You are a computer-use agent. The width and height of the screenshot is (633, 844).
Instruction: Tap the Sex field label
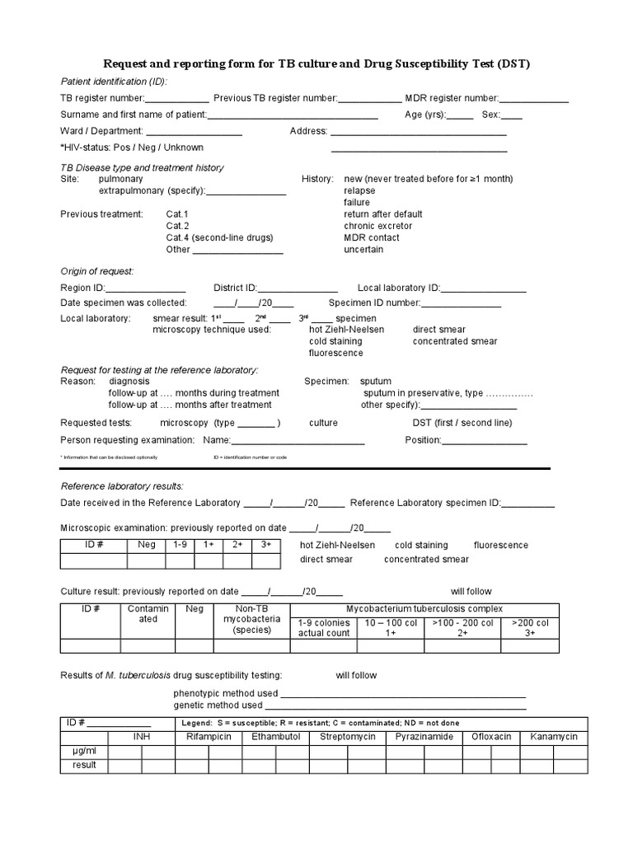click(x=490, y=115)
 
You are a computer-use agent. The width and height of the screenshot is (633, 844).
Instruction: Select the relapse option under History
click(x=359, y=190)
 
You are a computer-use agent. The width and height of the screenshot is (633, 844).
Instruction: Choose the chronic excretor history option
click(x=377, y=226)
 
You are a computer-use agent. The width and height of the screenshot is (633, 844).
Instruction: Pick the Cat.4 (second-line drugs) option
click(x=218, y=237)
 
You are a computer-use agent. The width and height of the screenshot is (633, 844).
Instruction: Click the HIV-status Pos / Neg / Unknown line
click(x=132, y=148)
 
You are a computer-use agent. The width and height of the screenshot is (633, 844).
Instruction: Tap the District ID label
click(x=235, y=288)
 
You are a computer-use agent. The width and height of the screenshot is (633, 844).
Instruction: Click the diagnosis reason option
click(x=129, y=382)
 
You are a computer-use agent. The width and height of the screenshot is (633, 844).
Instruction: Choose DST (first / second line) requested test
click(x=462, y=423)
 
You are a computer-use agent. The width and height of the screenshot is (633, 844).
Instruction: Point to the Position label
click(x=424, y=440)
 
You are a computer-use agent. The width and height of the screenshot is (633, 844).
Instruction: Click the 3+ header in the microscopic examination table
click(x=265, y=545)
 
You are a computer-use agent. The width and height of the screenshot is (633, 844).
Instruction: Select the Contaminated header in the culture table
click(x=148, y=614)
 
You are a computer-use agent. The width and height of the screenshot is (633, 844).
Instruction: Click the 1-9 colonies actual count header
click(x=324, y=628)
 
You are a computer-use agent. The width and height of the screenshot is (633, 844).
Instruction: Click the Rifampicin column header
click(x=209, y=736)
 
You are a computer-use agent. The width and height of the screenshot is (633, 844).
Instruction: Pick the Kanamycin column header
click(x=553, y=736)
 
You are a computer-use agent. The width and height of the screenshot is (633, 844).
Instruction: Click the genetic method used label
click(x=218, y=706)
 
